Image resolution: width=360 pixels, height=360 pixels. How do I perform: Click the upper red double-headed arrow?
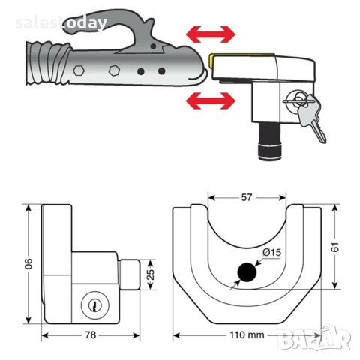pyautogui.click(x=211, y=34)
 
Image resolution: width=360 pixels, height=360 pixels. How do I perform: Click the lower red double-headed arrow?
pyautogui.click(x=211, y=100)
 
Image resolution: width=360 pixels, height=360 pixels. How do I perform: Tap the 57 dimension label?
pyautogui.click(x=247, y=197)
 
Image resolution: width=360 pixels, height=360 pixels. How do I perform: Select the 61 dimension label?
pyautogui.click(x=335, y=247)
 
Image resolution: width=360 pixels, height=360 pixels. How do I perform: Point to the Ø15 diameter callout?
pyautogui.click(x=271, y=252)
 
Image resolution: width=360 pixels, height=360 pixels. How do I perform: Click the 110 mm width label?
pyautogui.click(x=247, y=334)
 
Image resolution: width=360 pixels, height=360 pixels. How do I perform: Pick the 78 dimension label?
pyautogui.click(x=91, y=334)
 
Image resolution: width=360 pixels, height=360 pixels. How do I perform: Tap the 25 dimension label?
pyautogui.click(x=151, y=274)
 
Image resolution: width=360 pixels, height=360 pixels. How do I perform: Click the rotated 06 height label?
pyautogui.click(x=28, y=263)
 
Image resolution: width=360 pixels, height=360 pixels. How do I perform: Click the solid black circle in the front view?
pyautogui.click(x=247, y=272)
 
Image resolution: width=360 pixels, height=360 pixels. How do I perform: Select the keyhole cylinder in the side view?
pyautogui.click(x=95, y=305)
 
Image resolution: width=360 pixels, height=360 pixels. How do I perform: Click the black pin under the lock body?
pyautogui.click(x=270, y=141)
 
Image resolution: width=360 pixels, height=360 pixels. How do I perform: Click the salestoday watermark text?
pyautogui.click(x=61, y=23)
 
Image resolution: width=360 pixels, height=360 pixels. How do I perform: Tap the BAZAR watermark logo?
pyautogui.click(x=314, y=337)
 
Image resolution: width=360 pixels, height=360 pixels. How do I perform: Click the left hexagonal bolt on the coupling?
pyautogui.click(x=79, y=70)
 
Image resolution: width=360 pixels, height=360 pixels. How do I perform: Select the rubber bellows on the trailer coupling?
pyautogui.click(x=47, y=64)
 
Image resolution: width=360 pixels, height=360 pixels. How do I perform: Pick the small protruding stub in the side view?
pyautogui.click(x=130, y=274)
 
